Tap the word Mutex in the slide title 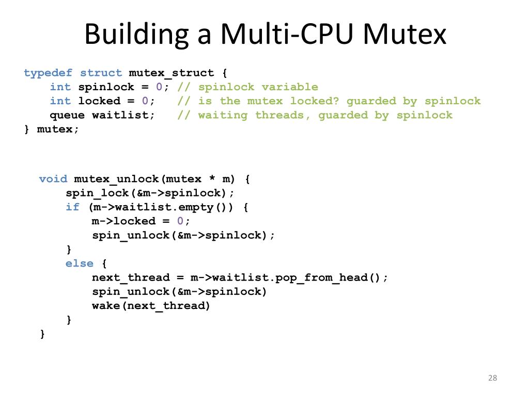[x=404, y=34]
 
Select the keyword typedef [x=48, y=73]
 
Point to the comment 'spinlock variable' [x=258, y=87]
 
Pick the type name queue [x=67, y=115]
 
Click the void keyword [x=53, y=179]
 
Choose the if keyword [x=72, y=207]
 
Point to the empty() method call [x=212, y=207]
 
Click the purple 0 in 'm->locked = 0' [x=180, y=221]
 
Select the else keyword [x=80, y=263]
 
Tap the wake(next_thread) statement [x=151, y=306]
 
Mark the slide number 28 [x=492, y=378]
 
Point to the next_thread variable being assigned [x=131, y=277]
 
